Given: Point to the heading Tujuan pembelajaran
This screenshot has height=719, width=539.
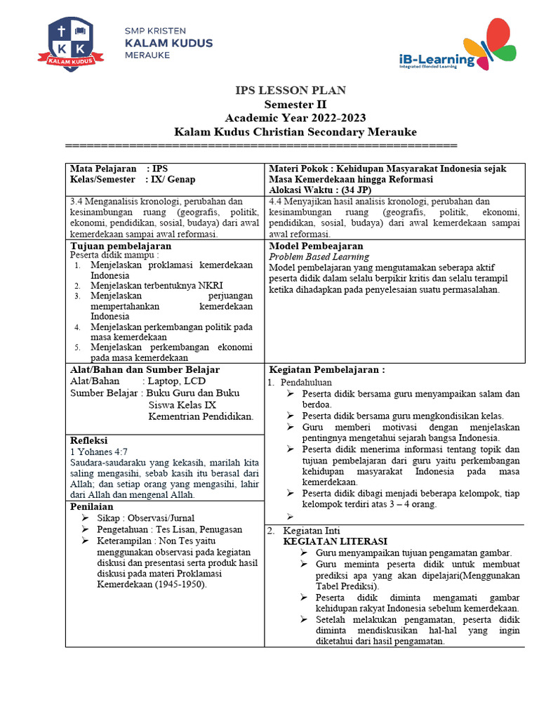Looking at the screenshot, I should tap(121, 246).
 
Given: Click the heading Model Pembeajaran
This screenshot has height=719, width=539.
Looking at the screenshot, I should tap(316, 246).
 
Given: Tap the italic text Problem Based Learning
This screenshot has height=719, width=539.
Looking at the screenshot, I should tap(319, 257).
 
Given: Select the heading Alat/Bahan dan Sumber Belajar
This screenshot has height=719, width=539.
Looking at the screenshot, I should tap(145, 369).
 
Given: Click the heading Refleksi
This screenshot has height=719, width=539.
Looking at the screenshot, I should tap(88, 440).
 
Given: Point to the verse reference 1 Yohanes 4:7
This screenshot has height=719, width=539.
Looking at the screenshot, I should tap(100, 451).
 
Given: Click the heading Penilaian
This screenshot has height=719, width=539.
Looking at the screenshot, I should tap(92, 506).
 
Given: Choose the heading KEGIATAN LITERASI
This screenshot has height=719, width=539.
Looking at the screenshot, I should tap(335, 541).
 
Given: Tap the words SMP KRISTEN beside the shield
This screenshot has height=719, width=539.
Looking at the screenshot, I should tap(155, 32).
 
